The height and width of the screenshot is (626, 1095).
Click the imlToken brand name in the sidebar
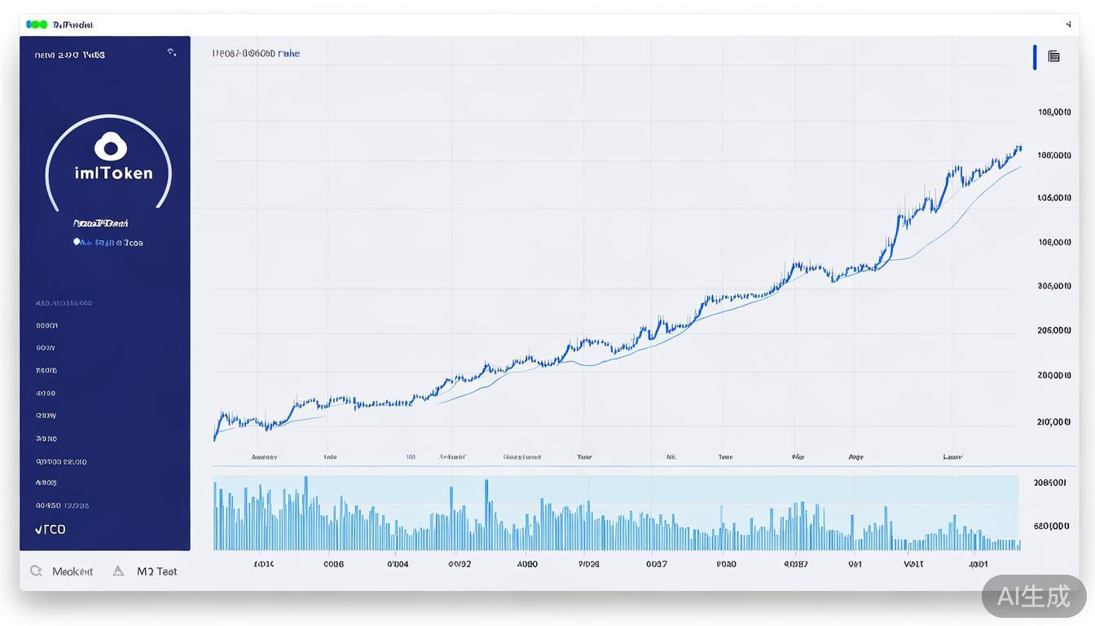point(112,173)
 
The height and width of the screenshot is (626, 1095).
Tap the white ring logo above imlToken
point(111,148)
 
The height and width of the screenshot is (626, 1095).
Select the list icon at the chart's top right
point(1053,56)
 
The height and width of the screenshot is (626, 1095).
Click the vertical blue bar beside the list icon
point(1035,57)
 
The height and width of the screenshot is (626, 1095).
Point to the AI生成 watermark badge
point(1034,596)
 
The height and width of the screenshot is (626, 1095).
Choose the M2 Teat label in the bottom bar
point(156,571)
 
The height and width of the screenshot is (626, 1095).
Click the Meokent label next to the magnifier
point(73,571)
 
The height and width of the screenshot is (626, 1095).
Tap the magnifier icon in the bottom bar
point(36,571)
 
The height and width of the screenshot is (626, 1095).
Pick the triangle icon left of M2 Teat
point(118,571)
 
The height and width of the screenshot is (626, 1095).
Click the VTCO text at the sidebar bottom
point(51,529)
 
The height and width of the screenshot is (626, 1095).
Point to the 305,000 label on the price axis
point(1054,286)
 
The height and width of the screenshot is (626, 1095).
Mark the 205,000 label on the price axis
point(1054,330)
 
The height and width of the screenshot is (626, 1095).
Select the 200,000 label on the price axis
point(1054,376)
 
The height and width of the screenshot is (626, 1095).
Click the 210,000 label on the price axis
point(1053,421)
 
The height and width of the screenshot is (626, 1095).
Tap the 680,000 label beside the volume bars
point(1051,526)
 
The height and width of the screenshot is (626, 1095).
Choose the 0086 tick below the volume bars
point(333,563)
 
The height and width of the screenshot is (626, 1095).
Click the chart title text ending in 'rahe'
point(256,54)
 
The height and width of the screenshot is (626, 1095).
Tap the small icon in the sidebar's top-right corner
point(171,52)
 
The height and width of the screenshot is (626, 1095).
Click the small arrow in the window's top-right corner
point(1068,24)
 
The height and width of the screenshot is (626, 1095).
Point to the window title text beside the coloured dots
point(73,24)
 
